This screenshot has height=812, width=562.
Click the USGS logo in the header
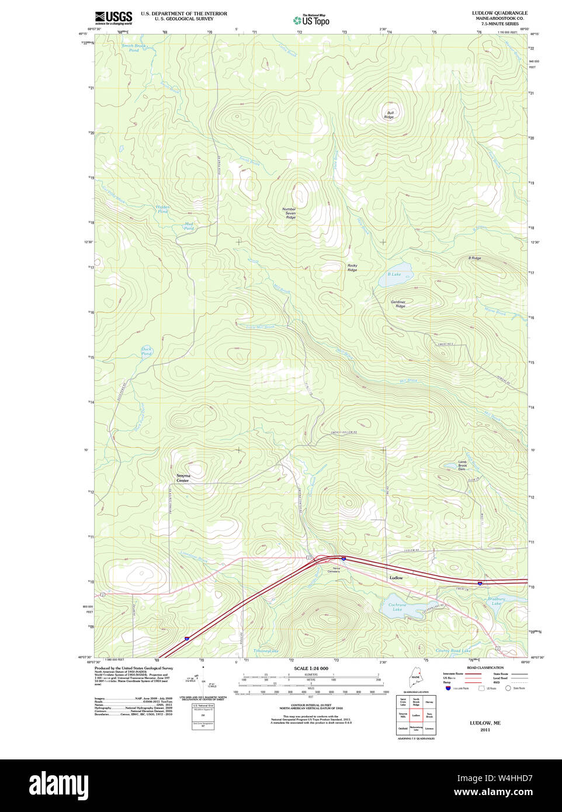tap(114, 18)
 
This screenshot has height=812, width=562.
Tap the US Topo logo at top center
tap(311, 20)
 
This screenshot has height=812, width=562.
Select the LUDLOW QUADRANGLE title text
tap(499, 13)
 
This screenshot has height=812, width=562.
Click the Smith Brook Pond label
tap(134, 48)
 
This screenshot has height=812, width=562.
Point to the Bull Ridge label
tap(389, 115)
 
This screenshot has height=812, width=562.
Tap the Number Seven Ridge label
tap(290, 213)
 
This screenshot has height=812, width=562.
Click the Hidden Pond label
tap(162, 209)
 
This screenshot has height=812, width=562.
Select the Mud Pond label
tap(189, 226)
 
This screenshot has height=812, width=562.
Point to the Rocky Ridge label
tap(352, 268)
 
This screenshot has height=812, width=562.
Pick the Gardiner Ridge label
tap(398, 304)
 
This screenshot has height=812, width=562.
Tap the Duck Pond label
tap(146, 351)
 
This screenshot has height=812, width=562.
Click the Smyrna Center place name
tap(183, 478)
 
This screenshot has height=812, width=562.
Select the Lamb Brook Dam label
tap(462, 465)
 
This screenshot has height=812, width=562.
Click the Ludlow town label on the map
tap(396, 578)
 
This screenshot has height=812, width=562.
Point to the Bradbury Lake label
tap(496, 601)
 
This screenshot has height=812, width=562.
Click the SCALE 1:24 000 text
tap(311, 668)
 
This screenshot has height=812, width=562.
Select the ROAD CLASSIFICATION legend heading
tap(485, 668)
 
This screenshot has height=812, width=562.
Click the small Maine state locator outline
tap(415, 678)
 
